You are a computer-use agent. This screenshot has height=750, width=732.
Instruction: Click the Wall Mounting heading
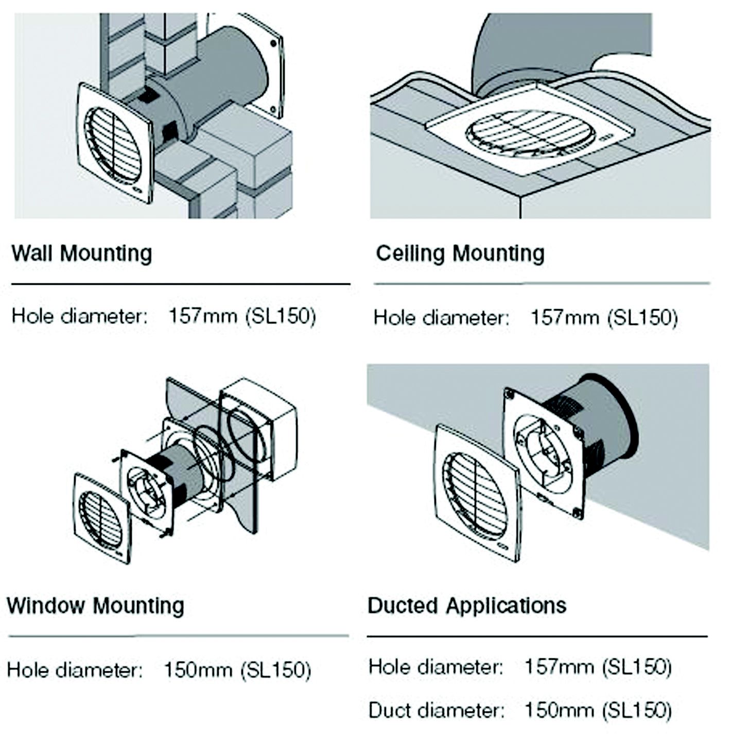82,253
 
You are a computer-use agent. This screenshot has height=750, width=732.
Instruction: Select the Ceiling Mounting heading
460,253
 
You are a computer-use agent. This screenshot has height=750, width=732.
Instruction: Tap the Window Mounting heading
96,605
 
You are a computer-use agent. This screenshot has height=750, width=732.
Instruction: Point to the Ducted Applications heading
467,605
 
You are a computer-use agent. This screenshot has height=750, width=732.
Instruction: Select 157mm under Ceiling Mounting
565,317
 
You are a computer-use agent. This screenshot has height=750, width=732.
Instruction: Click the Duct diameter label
436,710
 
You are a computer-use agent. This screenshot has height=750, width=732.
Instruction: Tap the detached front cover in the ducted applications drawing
476,492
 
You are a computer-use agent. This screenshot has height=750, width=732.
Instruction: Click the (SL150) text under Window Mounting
276,670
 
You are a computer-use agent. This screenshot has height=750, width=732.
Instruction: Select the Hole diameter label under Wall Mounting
80,316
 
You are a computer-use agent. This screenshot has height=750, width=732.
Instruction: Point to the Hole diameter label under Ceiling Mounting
441,317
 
